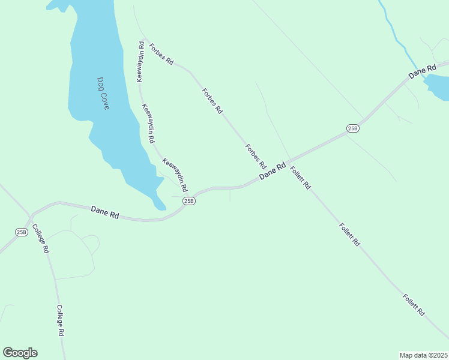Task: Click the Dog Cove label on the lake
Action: (103, 93)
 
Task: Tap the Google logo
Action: (20, 353)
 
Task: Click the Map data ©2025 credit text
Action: (424, 355)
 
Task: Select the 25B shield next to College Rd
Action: (22, 232)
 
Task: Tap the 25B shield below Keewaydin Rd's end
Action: (189, 201)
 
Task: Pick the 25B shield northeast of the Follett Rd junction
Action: (353, 128)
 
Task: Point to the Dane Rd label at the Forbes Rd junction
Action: (272, 171)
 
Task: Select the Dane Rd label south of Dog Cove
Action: (104, 211)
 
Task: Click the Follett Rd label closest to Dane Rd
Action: (300, 178)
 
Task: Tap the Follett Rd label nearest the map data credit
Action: (414, 305)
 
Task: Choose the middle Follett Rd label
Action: (349, 235)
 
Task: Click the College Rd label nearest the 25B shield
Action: (40, 239)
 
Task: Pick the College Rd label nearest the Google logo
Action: (60, 320)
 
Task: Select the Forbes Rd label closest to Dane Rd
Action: (255, 156)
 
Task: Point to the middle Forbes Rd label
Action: (212, 101)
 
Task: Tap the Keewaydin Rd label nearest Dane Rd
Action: (175, 174)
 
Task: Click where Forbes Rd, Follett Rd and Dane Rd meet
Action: (288, 163)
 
